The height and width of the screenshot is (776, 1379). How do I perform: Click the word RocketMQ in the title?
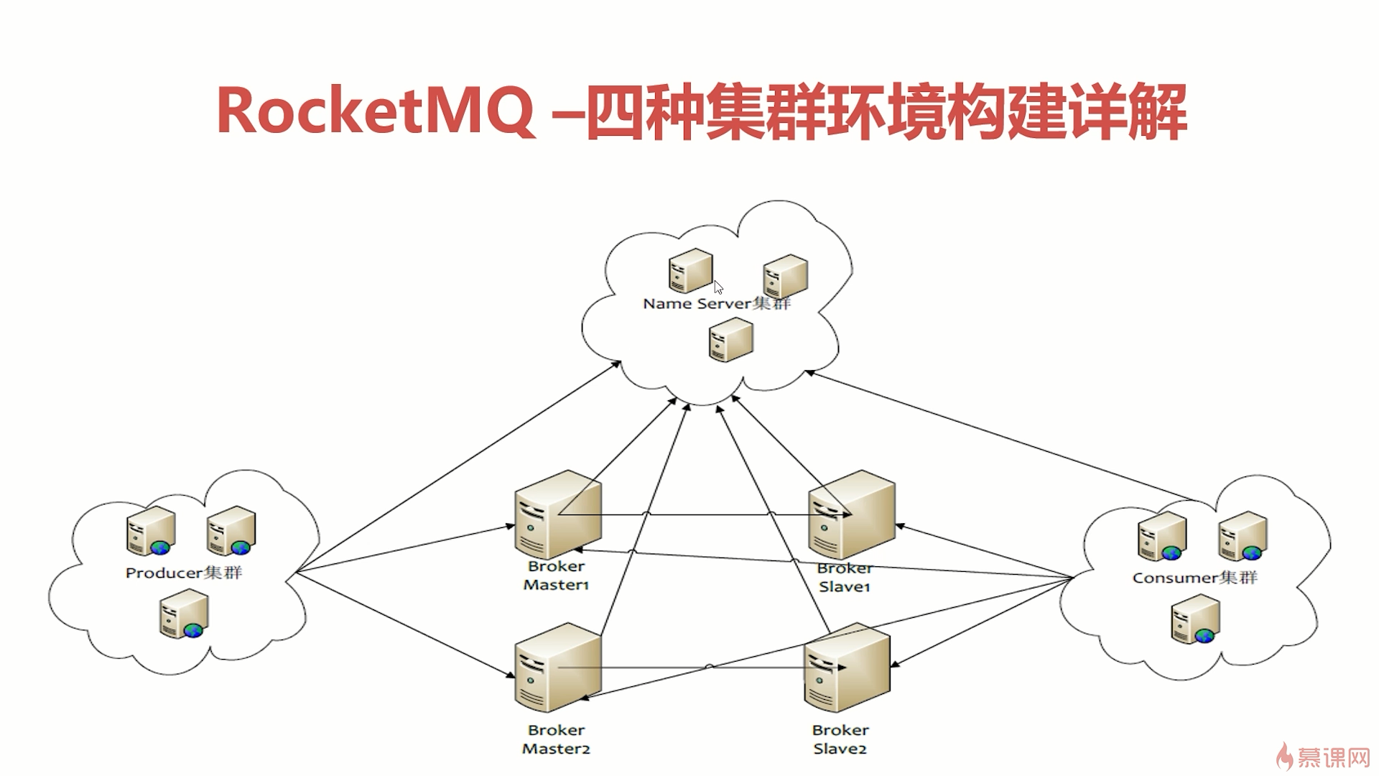tap(375, 112)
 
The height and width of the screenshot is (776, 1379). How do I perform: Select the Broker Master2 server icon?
tap(557, 668)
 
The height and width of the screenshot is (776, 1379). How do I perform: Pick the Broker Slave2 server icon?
tap(847, 668)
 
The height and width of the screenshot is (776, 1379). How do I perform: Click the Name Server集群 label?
tap(716, 304)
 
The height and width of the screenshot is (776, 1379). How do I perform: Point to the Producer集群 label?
tap(184, 573)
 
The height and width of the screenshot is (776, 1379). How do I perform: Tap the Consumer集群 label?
tap(1195, 578)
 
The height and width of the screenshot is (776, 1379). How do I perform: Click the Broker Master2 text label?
tap(556, 739)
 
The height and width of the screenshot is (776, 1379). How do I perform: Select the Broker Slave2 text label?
tap(840, 739)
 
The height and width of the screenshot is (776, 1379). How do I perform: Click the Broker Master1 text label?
tap(556, 576)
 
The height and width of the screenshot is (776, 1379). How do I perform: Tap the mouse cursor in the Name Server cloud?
tap(718, 287)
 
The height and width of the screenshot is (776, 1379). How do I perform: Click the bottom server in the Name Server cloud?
tap(731, 340)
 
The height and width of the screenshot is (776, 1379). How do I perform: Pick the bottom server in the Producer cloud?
tap(185, 614)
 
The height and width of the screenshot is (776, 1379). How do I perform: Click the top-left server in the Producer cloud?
tap(152, 531)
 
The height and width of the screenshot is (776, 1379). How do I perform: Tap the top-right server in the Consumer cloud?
tap(1243, 536)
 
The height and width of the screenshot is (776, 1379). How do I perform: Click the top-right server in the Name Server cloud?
tap(786, 276)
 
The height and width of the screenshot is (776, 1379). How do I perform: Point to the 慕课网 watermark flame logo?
tap(1284, 756)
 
